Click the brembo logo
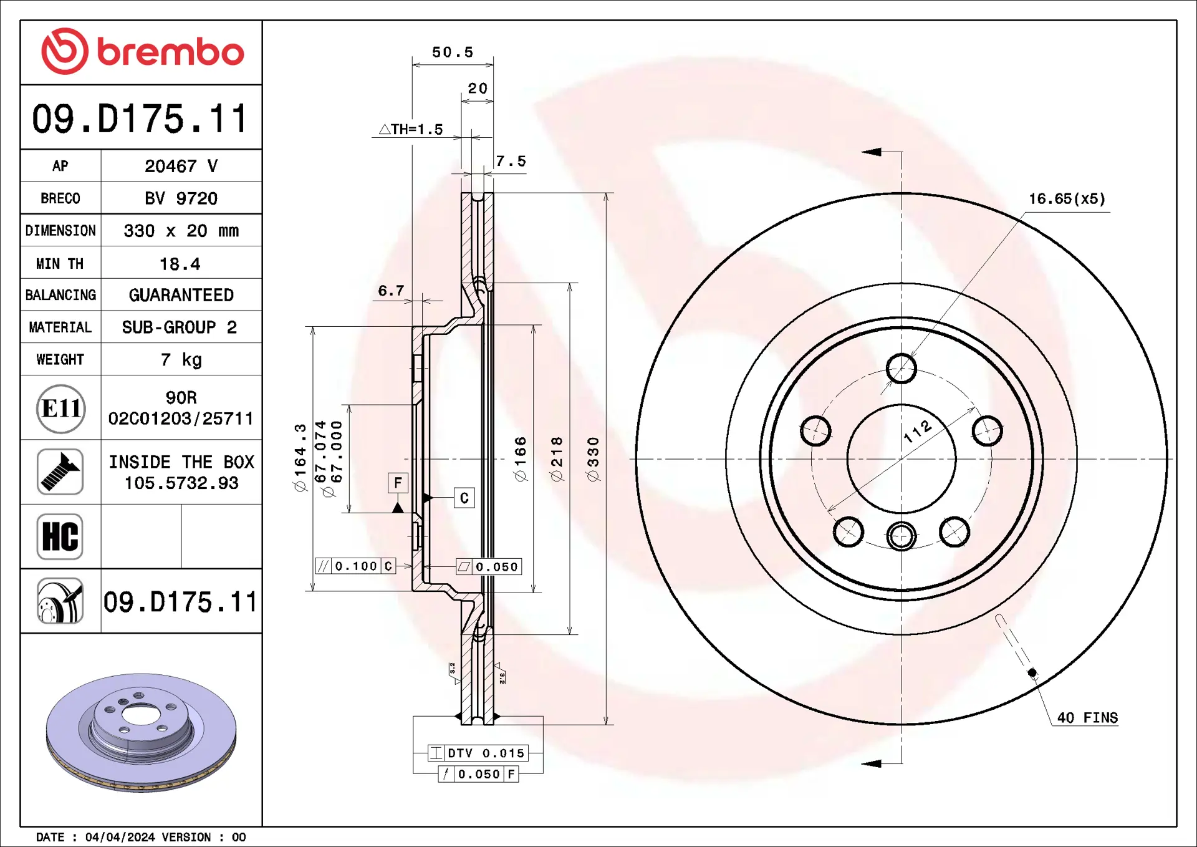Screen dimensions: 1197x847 [x=142, y=51]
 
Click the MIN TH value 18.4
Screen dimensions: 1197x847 [x=180, y=264]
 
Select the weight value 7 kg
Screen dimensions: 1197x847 [x=181, y=359]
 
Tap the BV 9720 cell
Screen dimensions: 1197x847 [x=181, y=198]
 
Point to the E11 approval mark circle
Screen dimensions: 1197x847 [x=60, y=409]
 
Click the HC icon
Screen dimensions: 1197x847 [x=60, y=536]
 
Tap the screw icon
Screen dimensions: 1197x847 [x=60, y=472]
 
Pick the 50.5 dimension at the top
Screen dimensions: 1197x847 [x=453, y=52]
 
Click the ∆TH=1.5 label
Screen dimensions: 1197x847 [x=411, y=129]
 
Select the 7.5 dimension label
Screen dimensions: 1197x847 [x=511, y=161]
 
